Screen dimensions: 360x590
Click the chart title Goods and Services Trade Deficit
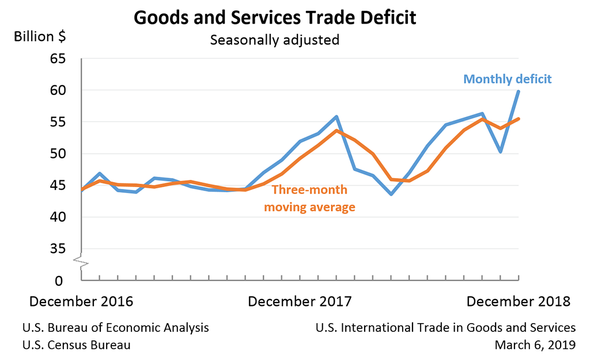[275, 18]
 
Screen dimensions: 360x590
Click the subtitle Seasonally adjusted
[274, 40]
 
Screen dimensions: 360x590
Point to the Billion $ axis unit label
[40, 37]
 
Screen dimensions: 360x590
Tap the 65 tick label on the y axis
[57, 59]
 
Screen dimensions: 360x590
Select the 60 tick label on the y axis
[57, 90]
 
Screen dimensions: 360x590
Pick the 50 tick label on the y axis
[57, 154]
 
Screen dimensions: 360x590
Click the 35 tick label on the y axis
[57, 249]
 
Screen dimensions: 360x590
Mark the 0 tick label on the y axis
[60, 281]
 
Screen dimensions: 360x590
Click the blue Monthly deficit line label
[508, 79]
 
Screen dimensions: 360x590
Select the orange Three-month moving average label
[309, 199]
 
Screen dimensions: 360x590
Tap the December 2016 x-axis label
[81, 301]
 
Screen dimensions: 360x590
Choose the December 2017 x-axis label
[300, 301]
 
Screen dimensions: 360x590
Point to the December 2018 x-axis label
[518, 301]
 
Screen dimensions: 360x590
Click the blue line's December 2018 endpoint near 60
[519, 92]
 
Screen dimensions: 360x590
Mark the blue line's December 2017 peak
[336, 117]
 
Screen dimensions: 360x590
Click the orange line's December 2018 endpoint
[519, 119]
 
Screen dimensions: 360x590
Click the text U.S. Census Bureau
[76, 344]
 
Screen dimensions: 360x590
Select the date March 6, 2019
[535, 344]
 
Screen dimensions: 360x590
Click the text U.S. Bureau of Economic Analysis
[115, 327]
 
